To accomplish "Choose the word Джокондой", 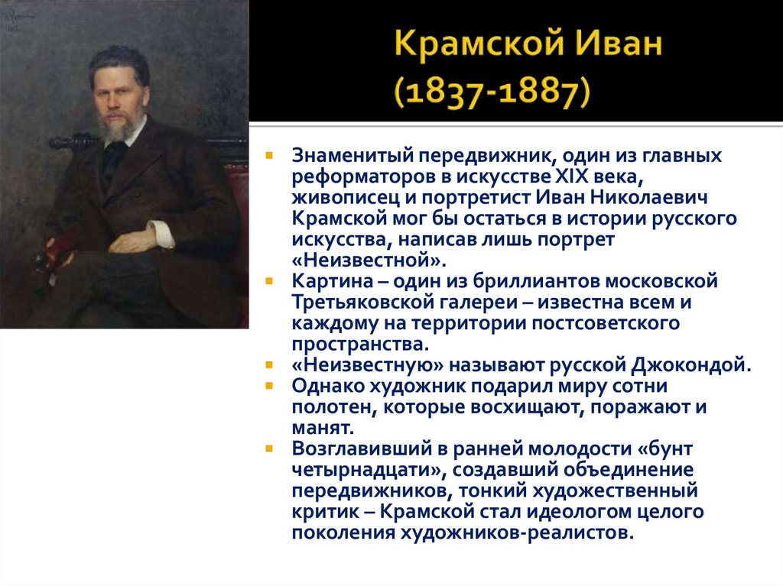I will point(681,364).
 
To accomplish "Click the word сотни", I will point(639,385).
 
